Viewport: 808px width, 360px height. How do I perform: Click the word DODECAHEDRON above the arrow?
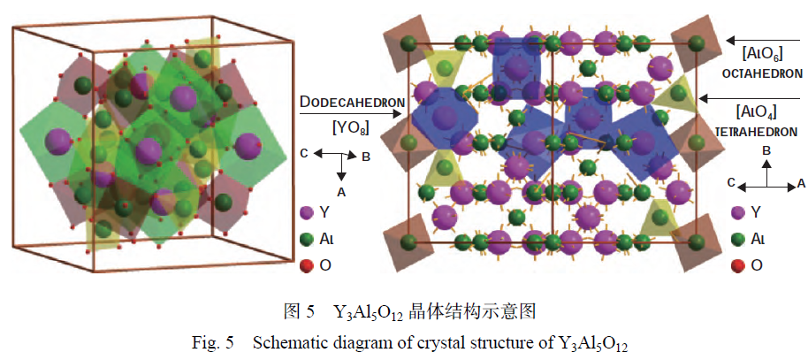click(x=352, y=103)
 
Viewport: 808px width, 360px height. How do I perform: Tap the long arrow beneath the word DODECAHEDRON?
click(x=351, y=114)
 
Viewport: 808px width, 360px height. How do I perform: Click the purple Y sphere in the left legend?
click(x=307, y=212)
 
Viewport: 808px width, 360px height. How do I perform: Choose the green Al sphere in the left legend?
click(x=307, y=239)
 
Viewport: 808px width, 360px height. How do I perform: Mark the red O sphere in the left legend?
click(x=307, y=264)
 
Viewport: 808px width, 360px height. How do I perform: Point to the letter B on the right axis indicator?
click(x=767, y=150)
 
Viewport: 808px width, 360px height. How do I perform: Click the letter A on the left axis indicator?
click(x=340, y=190)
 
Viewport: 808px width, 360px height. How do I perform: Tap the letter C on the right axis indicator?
click(x=731, y=184)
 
